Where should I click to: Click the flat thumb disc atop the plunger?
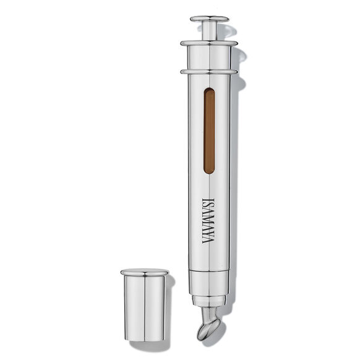(x=210, y=19)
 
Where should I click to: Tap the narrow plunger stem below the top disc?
(x=210, y=31)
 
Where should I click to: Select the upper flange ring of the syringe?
(x=209, y=43)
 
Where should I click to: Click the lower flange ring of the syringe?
(x=209, y=72)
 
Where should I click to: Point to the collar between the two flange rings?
(x=209, y=58)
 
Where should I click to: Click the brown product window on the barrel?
(x=209, y=131)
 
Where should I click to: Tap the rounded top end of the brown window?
(x=209, y=90)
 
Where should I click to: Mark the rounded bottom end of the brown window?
(x=209, y=172)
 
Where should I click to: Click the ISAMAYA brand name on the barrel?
(x=208, y=221)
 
